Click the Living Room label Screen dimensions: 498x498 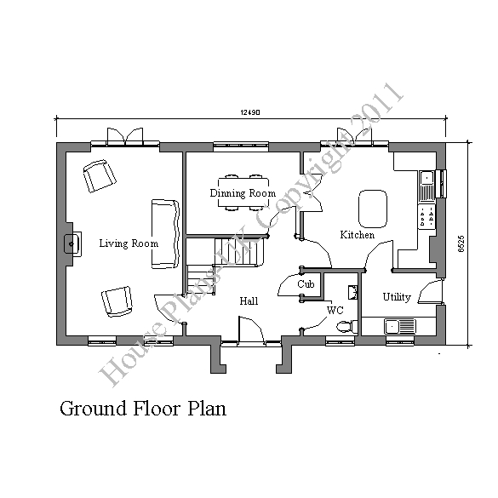[x=129, y=243]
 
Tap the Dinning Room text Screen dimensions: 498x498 [x=243, y=193]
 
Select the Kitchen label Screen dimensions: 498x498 [x=358, y=235]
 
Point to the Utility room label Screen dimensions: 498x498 [x=397, y=297]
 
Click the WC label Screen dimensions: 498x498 [x=335, y=310]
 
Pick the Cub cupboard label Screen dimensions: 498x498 [x=306, y=284]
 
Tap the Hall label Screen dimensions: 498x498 [x=249, y=301]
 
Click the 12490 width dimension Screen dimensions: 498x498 [x=250, y=112]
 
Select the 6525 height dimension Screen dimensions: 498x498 [x=461, y=244]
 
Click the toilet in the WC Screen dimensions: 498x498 [x=346, y=327]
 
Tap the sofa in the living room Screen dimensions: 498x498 [x=165, y=234]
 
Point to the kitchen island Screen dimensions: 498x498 [x=373, y=209]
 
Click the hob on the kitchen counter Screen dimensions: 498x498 [x=426, y=216]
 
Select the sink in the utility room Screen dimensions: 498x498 [x=400, y=327]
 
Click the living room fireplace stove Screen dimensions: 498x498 [x=72, y=243]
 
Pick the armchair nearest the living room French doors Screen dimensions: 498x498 [x=100, y=176]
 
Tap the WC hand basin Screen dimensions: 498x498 [x=352, y=293]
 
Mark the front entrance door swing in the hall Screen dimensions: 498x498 [x=251, y=329]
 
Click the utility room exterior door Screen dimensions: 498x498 [x=431, y=291]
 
